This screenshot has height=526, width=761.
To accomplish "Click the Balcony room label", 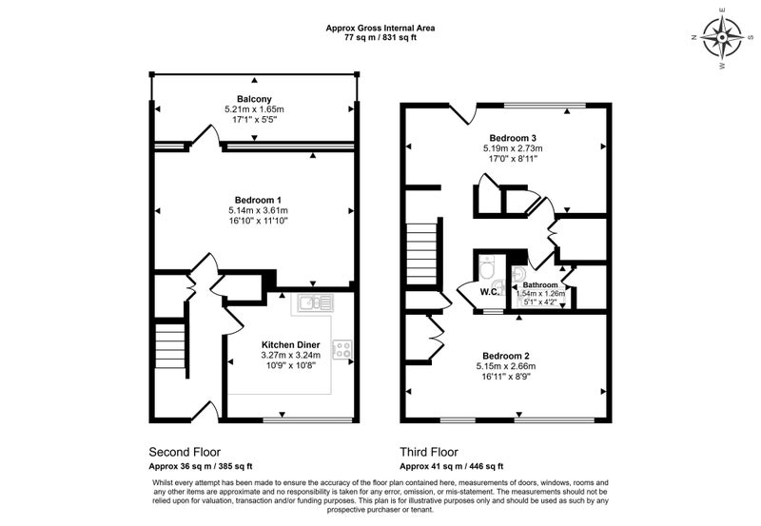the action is click(254, 99).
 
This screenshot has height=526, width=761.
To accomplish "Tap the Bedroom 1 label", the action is click(258, 200).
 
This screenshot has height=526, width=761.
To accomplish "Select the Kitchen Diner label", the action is click(291, 345).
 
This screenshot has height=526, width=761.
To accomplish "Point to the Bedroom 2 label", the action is click(506, 356).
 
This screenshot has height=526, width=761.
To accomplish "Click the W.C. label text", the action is click(489, 292).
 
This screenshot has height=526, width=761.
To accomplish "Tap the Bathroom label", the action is click(540, 284).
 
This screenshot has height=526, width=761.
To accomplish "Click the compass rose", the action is click(722, 37).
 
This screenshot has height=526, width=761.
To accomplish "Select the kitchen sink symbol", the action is click(316, 302).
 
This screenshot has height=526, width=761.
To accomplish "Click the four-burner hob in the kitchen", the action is click(342, 349).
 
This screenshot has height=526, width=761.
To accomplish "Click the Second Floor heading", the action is click(185, 452).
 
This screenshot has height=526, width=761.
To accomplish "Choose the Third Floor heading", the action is click(429, 452).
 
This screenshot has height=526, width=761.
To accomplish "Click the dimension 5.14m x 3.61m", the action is click(258, 210).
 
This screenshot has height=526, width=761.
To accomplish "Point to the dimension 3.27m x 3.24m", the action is click(291, 355).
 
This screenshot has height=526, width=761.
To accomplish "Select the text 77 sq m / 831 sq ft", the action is click(380, 37).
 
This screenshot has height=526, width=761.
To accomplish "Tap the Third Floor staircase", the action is click(421, 256).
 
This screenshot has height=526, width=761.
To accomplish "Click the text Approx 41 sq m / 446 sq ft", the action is click(451, 467).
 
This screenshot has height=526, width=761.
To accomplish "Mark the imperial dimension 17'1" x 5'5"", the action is click(254, 120).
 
